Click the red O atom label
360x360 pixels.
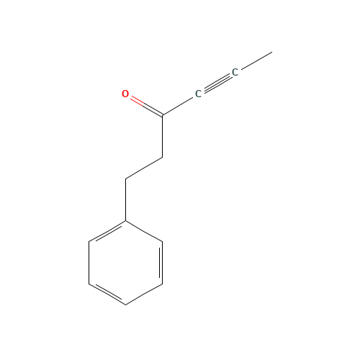click(125, 94)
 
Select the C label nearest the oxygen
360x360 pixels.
click(199, 94)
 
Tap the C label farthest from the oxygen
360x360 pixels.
click(235, 73)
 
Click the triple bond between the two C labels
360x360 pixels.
click(217, 84)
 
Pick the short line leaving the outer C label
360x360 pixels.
click(254, 62)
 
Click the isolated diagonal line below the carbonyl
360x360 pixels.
click(144, 168)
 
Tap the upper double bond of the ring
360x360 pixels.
click(107, 231)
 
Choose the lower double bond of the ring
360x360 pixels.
click(107, 293)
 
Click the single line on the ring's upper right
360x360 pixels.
click(144, 230)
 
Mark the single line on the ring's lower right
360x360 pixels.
click(144, 294)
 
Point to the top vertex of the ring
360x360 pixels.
click(126, 220)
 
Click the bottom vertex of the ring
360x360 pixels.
click(126, 304)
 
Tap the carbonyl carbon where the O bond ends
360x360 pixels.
click(163, 115)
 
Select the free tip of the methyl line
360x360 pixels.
click(271, 53)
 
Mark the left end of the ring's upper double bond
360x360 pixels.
click(89, 242)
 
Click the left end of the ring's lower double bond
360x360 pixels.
click(89, 283)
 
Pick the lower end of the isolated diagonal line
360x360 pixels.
click(126, 179)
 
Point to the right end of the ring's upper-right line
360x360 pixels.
click(162, 241)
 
